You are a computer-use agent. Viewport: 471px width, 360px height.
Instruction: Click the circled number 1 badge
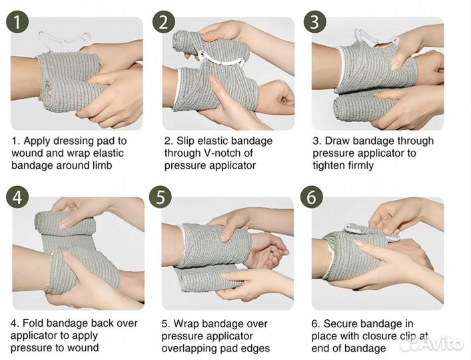coord(17,22)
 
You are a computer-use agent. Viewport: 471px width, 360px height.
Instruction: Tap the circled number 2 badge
coord(164,22)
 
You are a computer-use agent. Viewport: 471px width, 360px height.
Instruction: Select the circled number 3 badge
coord(314,22)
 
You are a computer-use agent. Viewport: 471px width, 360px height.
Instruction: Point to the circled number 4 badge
coord(17,198)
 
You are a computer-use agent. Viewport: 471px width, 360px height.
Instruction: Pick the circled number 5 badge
coord(161,198)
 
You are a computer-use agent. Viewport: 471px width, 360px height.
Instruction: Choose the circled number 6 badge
coord(312,198)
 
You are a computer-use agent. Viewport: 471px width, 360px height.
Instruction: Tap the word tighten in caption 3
coord(329,165)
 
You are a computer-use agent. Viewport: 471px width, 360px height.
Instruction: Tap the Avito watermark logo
coord(432,343)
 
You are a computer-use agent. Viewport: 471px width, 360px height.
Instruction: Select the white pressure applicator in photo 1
coord(64,39)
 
